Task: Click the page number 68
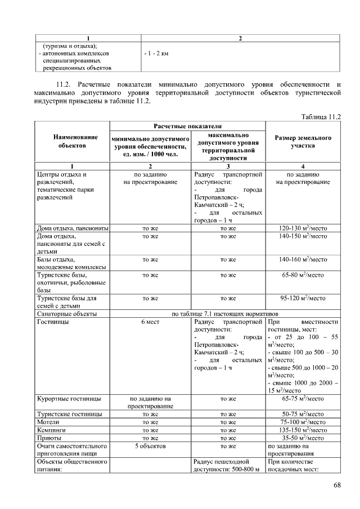tap(337, 485)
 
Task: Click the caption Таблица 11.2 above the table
tap(321, 116)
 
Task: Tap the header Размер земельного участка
tap(303, 141)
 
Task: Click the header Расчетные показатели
tap(187, 127)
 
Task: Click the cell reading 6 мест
tap(149, 323)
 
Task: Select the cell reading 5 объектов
tap(149, 445)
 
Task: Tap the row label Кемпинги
tap(52, 430)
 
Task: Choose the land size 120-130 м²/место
tap(303, 228)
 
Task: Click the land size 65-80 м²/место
tap(303, 276)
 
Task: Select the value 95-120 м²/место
tap(303, 298)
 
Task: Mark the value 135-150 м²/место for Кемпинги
tap(303, 430)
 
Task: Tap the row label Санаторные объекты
tap(67, 314)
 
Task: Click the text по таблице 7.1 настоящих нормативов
tap(225, 314)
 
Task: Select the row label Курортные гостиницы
tap(69, 398)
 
